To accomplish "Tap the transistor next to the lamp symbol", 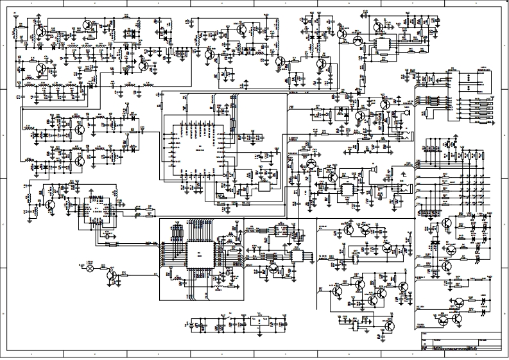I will coord(113,275).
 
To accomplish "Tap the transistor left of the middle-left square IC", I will coord(50,204).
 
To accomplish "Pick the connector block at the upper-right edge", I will coord(482,83).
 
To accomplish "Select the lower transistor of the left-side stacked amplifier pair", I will coord(78,161).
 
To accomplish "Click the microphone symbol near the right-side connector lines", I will coord(406,114).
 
